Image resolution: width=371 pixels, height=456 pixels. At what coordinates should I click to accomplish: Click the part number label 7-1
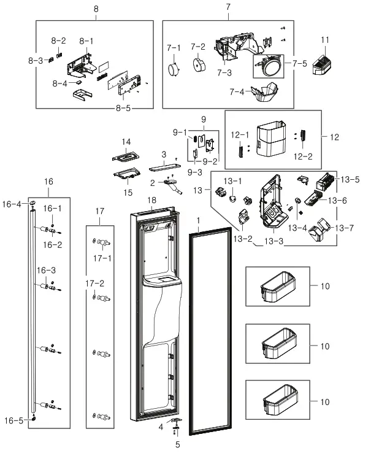[x=174, y=47]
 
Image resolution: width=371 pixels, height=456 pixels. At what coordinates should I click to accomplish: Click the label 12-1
[x=239, y=135]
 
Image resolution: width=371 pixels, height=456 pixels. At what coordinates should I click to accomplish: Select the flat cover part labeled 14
[x=125, y=157]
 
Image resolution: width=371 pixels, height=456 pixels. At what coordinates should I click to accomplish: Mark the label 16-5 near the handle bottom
[x=15, y=420]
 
